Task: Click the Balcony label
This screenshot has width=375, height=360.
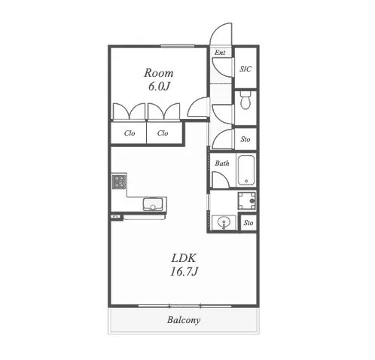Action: tap(184, 320)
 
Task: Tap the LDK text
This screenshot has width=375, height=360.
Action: tap(184, 258)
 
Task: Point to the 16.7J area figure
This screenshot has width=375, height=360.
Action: tap(184, 271)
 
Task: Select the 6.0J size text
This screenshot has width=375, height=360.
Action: tap(159, 87)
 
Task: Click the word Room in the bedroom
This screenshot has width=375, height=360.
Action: tap(159, 73)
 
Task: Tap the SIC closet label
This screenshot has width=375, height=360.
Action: tap(245, 69)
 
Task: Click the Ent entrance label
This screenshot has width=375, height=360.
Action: tap(220, 53)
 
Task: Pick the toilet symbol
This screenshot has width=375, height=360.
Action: tap(245, 99)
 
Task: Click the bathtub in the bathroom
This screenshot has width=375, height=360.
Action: tap(246, 170)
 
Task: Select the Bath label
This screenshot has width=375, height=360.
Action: tap(222, 163)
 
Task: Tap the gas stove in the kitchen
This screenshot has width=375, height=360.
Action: tap(119, 182)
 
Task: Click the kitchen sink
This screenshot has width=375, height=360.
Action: tap(153, 204)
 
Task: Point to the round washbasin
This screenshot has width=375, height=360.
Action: tap(224, 222)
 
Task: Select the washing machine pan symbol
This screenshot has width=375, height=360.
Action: tap(246, 200)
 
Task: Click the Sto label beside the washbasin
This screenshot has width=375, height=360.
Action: tap(248, 223)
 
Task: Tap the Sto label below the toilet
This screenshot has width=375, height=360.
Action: tap(245, 139)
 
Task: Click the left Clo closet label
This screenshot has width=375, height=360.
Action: tap(130, 133)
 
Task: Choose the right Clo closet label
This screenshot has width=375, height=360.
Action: tap(163, 133)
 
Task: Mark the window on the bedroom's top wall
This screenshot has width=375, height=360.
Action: tap(178, 46)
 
